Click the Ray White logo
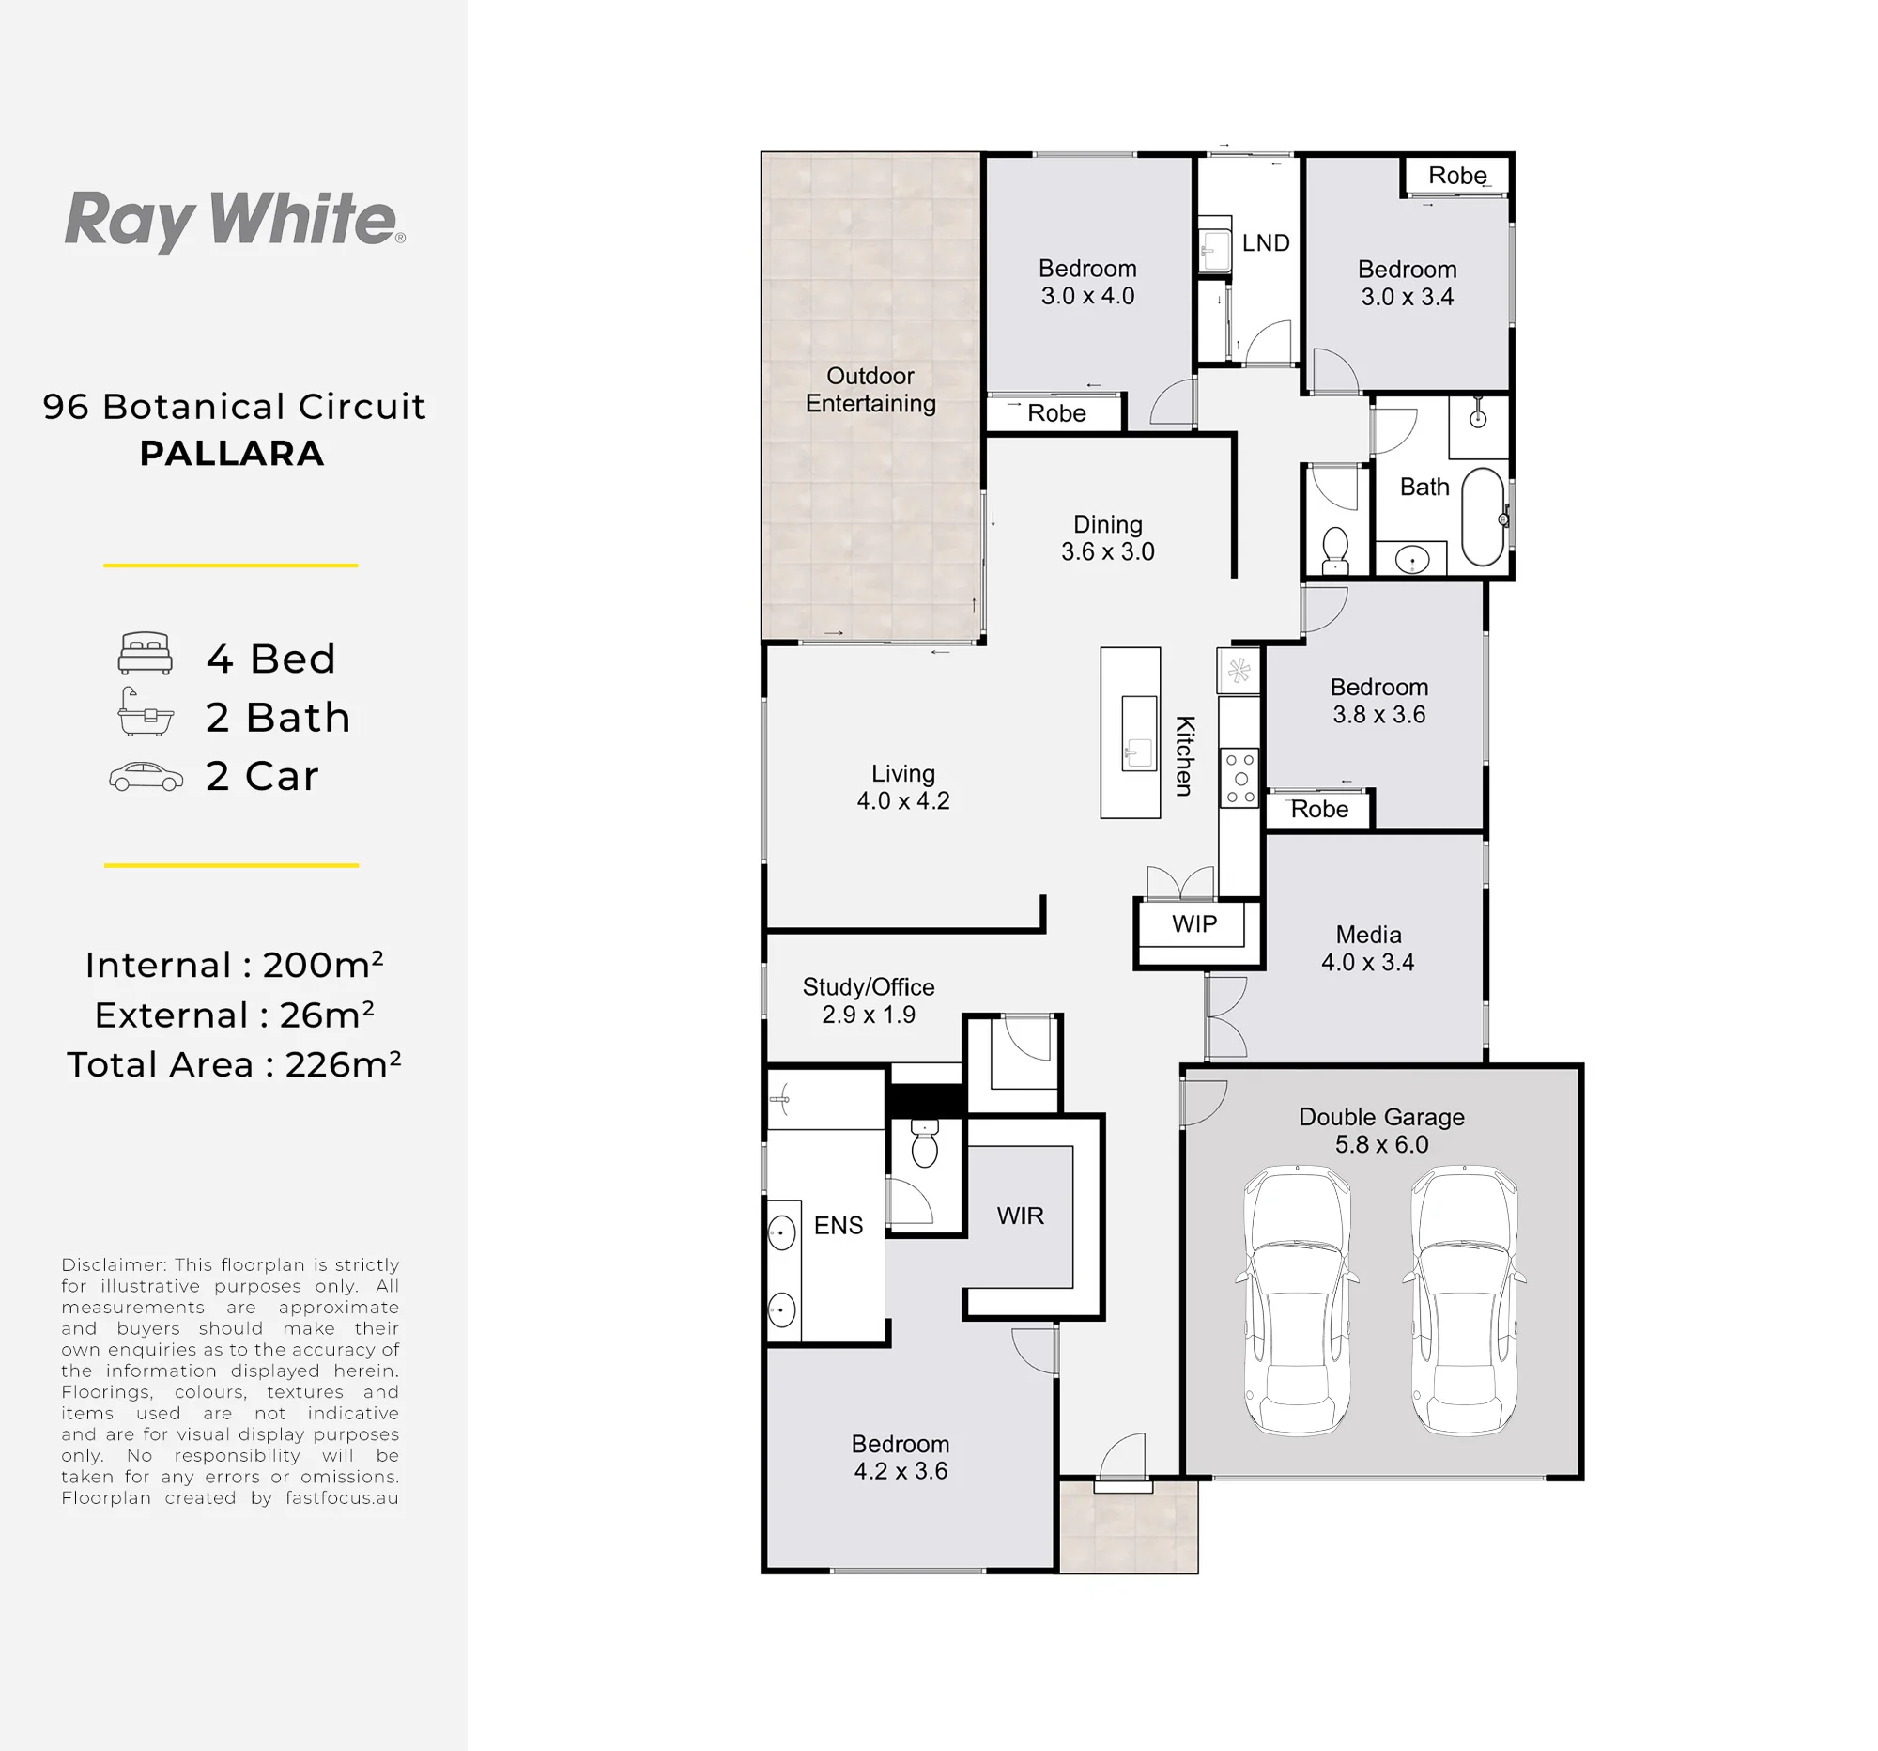click(x=234, y=220)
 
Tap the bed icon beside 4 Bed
click(x=146, y=653)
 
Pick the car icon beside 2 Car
click(x=146, y=776)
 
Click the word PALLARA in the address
click(x=232, y=454)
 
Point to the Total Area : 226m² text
click(x=234, y=1064)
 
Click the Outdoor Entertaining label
click(x=870, y=389)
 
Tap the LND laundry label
click(x=1266, y=243)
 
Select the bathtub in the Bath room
click(x=1483, y=517)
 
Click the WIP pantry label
click(x=1194, y=923)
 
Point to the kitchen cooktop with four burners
click(x=1240, y=778)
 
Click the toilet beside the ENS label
click(x=925, y=1143)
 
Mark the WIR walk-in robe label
click(x=1021, y=1216)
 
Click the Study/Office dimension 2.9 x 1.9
click(x=869, y=1014)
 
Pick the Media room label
click(x=1368, y=935)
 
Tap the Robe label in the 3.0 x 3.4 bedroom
click(x=1456, y=176)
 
